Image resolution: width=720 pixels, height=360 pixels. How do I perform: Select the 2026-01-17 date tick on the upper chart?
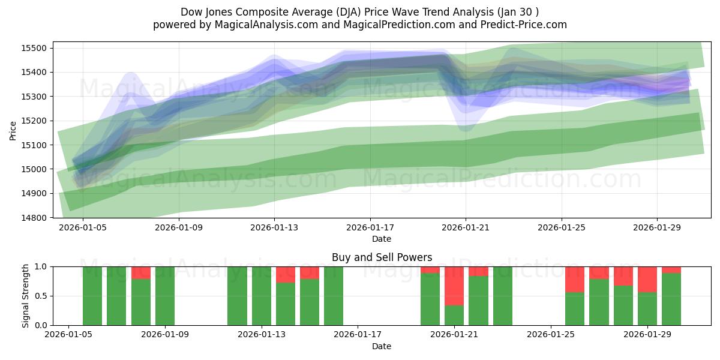pos(370,227)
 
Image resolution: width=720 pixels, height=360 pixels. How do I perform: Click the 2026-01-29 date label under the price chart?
pos(657,227)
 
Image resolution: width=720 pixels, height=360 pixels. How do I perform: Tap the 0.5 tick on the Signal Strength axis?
pos(41,296)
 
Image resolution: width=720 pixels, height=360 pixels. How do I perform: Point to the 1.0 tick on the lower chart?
pos(41,266)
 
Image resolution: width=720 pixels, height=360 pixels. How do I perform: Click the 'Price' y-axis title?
pos(13,130)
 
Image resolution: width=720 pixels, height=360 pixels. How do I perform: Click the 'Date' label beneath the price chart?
pos(382,239)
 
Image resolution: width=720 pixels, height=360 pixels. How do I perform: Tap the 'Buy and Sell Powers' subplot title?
pos(382,257)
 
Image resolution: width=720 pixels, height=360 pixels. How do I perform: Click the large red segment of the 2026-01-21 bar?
pos(454,286)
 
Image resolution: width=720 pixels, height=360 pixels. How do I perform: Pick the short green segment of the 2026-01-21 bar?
pos(454,315)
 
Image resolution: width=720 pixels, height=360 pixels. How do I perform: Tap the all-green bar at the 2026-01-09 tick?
pos(165,296)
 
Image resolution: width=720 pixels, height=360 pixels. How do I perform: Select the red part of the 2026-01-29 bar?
pos(647,279)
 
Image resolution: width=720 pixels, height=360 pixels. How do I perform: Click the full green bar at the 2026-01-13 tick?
pos(262,296)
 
